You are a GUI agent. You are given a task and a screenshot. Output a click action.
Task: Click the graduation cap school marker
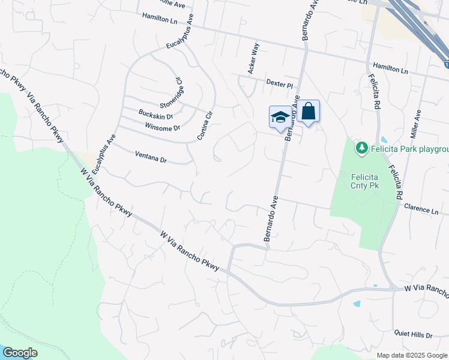tap(280, 117)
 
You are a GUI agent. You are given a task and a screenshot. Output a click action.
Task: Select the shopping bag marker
tap(308, 112)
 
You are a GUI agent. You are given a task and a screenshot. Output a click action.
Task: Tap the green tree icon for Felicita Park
tap(361, 148)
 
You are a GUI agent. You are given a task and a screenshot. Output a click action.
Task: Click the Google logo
tap(20, 352)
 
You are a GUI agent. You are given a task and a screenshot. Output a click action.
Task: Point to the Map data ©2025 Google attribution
tap(412, 355)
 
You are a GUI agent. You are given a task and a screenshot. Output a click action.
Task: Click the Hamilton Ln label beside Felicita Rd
tap(390, 68)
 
